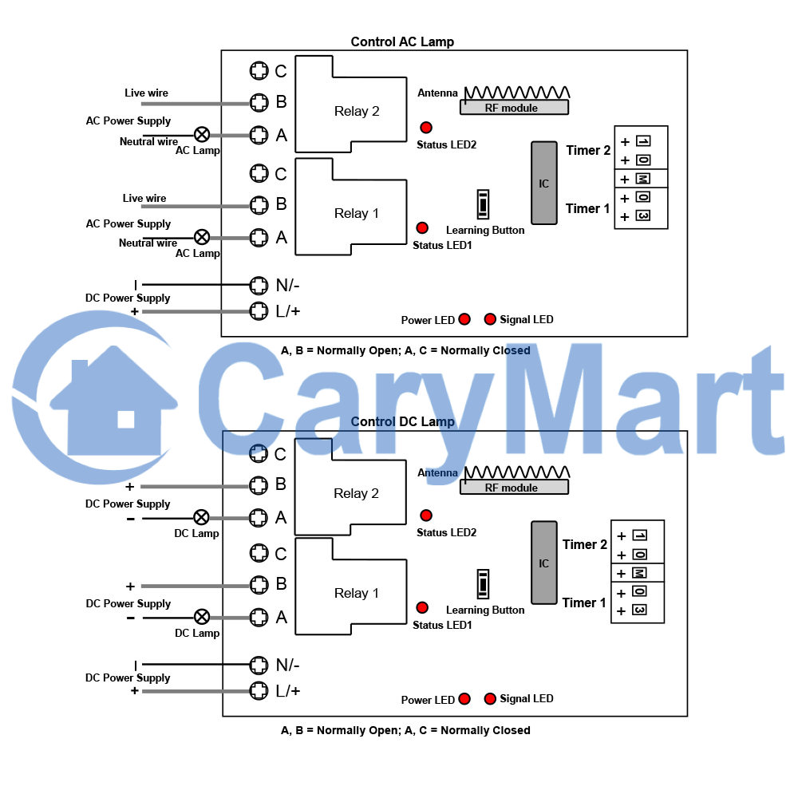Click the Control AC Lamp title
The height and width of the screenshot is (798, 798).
coord(402,41)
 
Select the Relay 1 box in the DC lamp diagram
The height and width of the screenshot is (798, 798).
coord(351,587)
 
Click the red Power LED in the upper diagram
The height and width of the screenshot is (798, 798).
coord(464,319)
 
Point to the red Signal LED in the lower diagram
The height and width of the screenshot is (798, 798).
coord(490,699)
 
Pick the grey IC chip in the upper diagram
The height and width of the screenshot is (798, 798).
coord(544,183)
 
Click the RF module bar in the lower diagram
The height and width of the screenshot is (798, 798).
coord(514,487)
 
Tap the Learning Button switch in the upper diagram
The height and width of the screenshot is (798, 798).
coord(483,204)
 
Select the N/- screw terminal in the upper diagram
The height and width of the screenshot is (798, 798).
coord(259,286)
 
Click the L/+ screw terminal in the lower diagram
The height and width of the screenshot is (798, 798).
coord(259,690)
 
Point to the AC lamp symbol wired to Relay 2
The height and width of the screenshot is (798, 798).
coord(202,135)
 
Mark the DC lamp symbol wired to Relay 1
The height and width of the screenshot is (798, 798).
coord(202,618)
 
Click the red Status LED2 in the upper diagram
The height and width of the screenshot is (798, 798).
coord(426,127)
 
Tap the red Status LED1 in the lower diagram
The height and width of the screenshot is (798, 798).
coord(422,607)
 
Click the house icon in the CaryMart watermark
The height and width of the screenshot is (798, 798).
coord(113,402)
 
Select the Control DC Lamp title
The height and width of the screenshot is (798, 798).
coord(402,421)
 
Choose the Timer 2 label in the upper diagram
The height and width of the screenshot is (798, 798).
coord(588,150)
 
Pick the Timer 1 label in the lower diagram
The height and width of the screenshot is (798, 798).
coord(584,602)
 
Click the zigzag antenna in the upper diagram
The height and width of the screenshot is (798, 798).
coord(517,92)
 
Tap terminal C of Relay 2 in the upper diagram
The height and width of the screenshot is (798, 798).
coord(259,71)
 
